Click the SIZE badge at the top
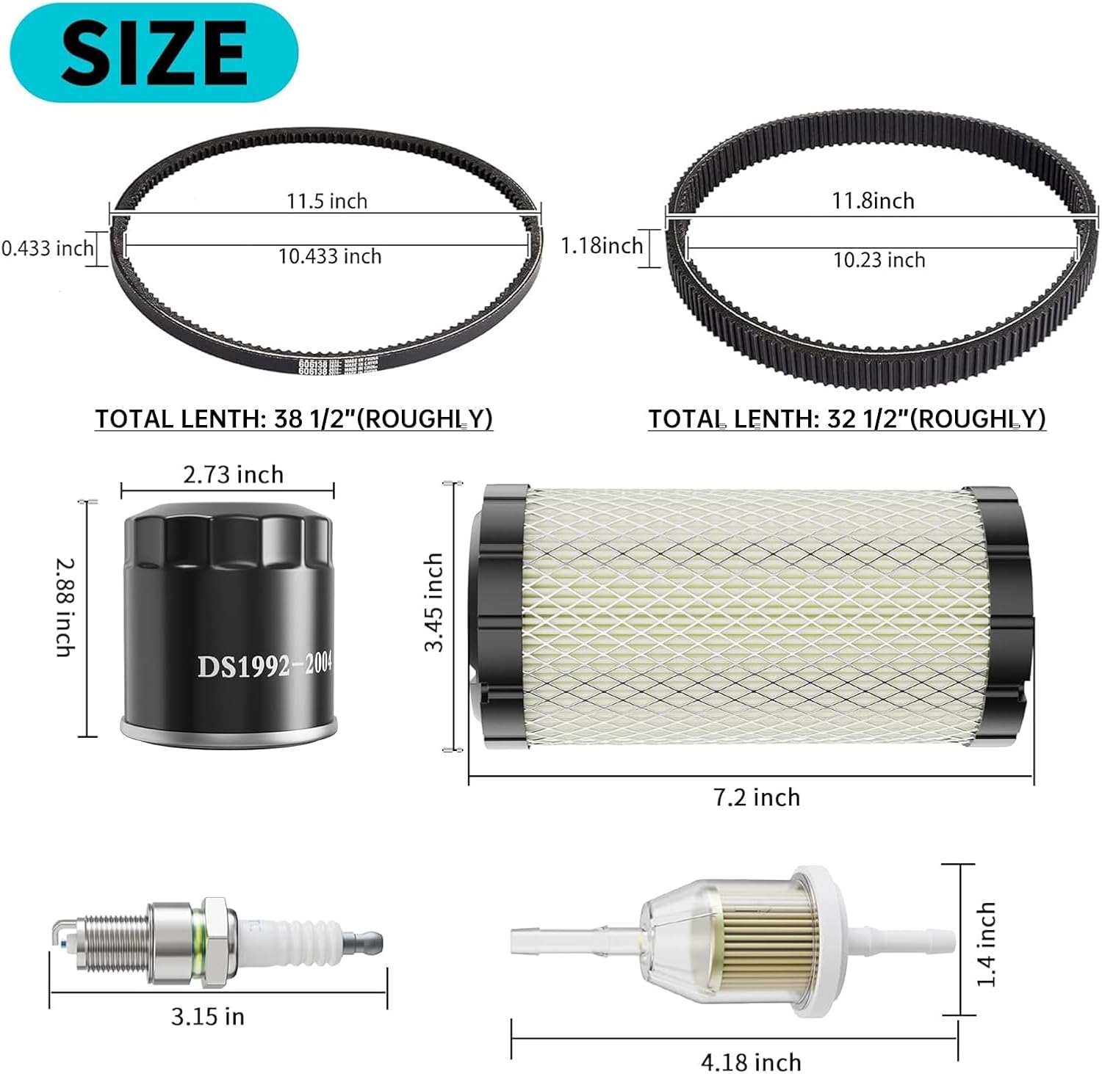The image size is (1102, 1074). (154, 52)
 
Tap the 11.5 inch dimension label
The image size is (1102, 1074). (327, 201)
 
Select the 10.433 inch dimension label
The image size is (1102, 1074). (330, 256)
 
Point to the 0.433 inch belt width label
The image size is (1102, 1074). (47, 249)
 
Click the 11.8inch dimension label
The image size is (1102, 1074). (873, 200)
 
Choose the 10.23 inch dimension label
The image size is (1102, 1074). (879, 260)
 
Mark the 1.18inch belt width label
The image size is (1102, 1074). (602, 245)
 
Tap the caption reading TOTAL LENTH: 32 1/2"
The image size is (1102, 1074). (846, 418)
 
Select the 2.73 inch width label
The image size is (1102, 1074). (233, 475)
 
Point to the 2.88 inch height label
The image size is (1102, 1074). (65, 607)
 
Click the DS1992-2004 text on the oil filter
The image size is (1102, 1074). (264, 665)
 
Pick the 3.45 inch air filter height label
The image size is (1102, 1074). (433, 602)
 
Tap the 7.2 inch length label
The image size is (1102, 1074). (757, 797)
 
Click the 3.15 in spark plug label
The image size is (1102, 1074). (208, 1017)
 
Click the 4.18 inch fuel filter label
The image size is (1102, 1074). (751, 1062)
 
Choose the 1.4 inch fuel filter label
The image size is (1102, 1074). (986, 944)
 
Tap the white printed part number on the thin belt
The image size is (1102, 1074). (312, 366)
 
